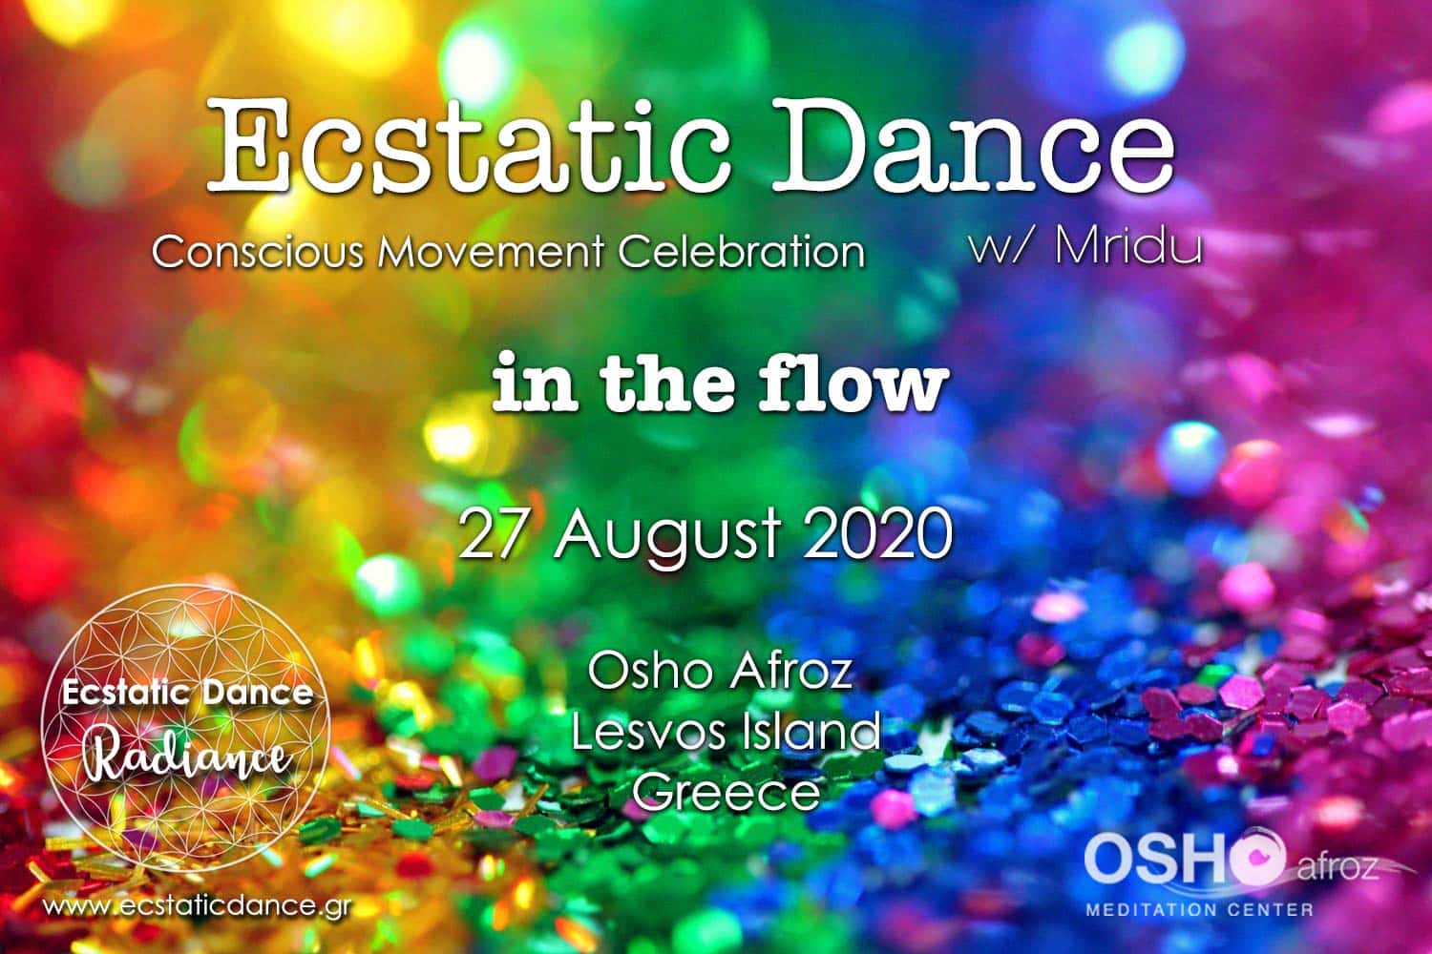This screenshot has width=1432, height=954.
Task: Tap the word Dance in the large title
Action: coord(974,144)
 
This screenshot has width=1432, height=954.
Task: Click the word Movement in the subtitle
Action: coord(491,251)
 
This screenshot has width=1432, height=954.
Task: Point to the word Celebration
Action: coord(742,251)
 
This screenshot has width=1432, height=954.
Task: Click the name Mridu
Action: coord(1129,245)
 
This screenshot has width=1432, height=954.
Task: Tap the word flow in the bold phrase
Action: coord(853,383)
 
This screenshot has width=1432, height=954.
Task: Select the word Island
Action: coord(810,732)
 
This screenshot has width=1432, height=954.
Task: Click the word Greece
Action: coord(727,792)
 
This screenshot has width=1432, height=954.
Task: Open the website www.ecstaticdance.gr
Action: coord(197,907)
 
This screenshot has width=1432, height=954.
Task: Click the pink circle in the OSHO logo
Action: coord(1257,857)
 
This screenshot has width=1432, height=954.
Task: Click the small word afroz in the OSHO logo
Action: coord(1337,869)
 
